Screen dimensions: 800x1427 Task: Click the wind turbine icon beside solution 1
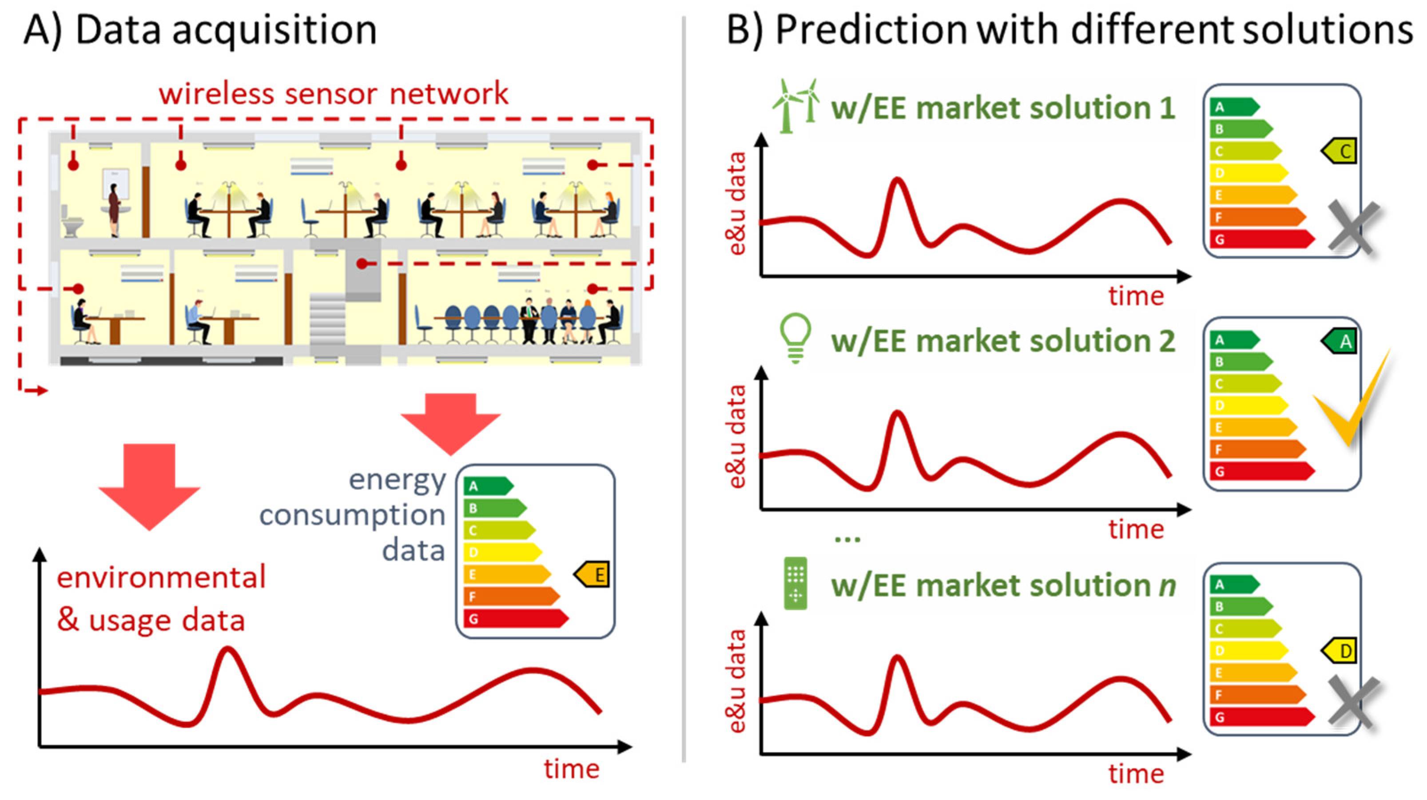[x=795, y=106]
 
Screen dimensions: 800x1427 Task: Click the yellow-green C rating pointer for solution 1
[x=1340, y=151]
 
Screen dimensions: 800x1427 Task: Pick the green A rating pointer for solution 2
[x=1340, y=341]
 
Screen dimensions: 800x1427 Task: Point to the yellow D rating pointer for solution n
[x=1340, y=651]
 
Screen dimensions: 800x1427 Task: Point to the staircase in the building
[x=328, y=321]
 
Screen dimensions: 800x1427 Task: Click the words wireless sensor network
[x=334, y=94]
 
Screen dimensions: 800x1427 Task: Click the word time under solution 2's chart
[x=1136, y=529]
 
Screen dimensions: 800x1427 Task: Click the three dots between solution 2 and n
[x=847, y=538]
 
